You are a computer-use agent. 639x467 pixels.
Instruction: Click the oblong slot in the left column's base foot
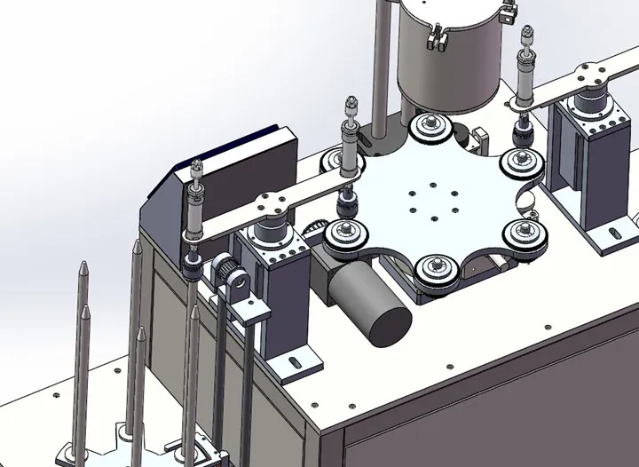click(293, 362)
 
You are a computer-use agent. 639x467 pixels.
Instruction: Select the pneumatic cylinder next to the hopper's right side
click(523, 80)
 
